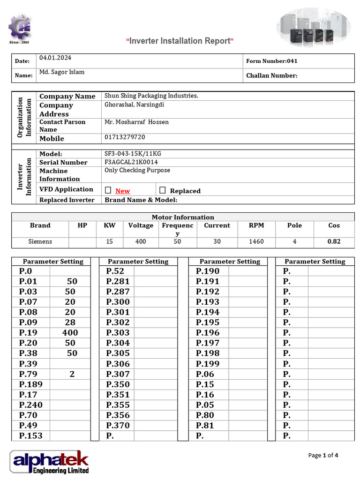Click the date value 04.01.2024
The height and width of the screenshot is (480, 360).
(55, 58)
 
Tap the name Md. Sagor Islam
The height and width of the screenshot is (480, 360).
(61, 72)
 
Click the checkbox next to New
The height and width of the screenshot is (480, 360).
(108, 190)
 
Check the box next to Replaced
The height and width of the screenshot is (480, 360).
(163, 190)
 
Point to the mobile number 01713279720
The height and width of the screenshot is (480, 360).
(125, 137)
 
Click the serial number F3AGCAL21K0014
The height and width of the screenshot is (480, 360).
(131, 162)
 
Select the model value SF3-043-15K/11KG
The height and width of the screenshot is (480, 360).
(133, 154)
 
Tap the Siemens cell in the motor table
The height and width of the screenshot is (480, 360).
(40, 242)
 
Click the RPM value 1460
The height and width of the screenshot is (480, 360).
(256, 242)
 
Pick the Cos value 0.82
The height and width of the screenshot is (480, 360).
(334, 242)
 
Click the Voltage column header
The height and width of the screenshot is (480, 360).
(141, 225)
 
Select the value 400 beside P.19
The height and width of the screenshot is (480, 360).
(70, 333)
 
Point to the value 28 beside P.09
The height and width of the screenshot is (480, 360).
(70, 322)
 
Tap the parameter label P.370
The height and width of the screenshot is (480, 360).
(118, 426)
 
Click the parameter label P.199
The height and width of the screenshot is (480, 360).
(207, 364)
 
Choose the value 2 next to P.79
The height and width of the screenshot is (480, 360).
(72, 374)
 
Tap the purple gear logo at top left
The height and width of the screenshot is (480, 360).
(20, 28)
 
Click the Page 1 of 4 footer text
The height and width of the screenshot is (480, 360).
(323, 455)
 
